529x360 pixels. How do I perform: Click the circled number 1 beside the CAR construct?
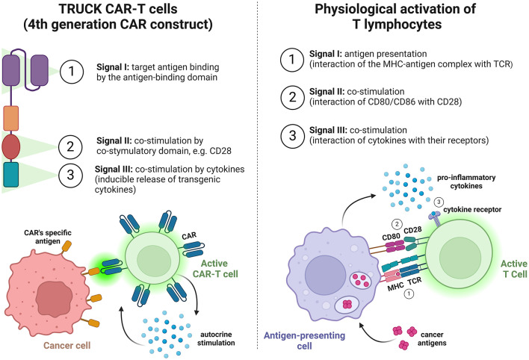[x=72, y=72]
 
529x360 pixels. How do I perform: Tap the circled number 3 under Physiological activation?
[x=292, y=136]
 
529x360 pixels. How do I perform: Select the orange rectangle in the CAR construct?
[x=10, y=118]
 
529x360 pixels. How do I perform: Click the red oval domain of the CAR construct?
[x=10, y=147]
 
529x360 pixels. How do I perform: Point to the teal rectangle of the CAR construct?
[x=10, y=175]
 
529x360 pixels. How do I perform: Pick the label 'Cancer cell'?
[x=66, y=345]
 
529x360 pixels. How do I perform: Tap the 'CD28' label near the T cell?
[x=412, y=230]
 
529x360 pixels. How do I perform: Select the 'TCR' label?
[x=414, y=281]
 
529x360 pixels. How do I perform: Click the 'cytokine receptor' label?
[x=472, y=210]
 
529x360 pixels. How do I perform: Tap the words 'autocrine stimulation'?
[x=216, y=339]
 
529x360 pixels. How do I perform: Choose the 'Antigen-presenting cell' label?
[x=304, y=341]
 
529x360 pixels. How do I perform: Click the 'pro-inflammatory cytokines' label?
[x=466, y=181]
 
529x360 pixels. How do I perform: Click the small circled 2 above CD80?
[x=397, y=224]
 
